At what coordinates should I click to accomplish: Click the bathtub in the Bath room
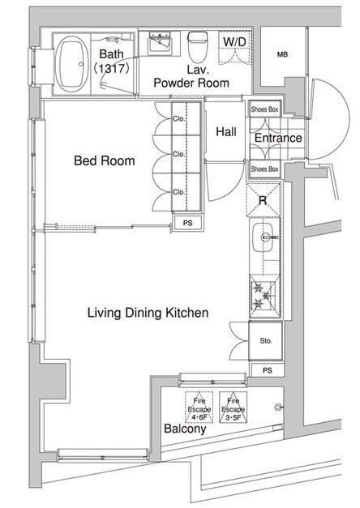click(71, 64)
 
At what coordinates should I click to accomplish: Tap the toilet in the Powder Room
click(197, 47)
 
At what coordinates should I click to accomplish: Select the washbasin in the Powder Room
click(159, 44)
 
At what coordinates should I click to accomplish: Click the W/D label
click(235, 41)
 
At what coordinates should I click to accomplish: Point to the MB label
click(282, 55)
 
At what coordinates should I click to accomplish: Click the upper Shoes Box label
click(264, 109)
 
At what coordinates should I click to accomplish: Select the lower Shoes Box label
click(264, 169)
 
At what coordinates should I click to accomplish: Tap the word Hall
click(226, 131)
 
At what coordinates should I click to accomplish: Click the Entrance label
click(278, 138)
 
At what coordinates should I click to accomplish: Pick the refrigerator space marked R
click(263, 200)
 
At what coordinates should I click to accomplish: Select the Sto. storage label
click(266, 341)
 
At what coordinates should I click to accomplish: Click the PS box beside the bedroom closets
click(188, 223)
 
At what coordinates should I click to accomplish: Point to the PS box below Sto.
click(268, 370)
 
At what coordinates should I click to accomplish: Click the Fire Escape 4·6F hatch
click(199, 408)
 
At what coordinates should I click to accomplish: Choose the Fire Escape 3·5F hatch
click(234, 408)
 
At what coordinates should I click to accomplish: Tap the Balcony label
click(185, 429)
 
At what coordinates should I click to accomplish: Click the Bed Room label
click(105, 160)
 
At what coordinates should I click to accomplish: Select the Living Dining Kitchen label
click(148, 313)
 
